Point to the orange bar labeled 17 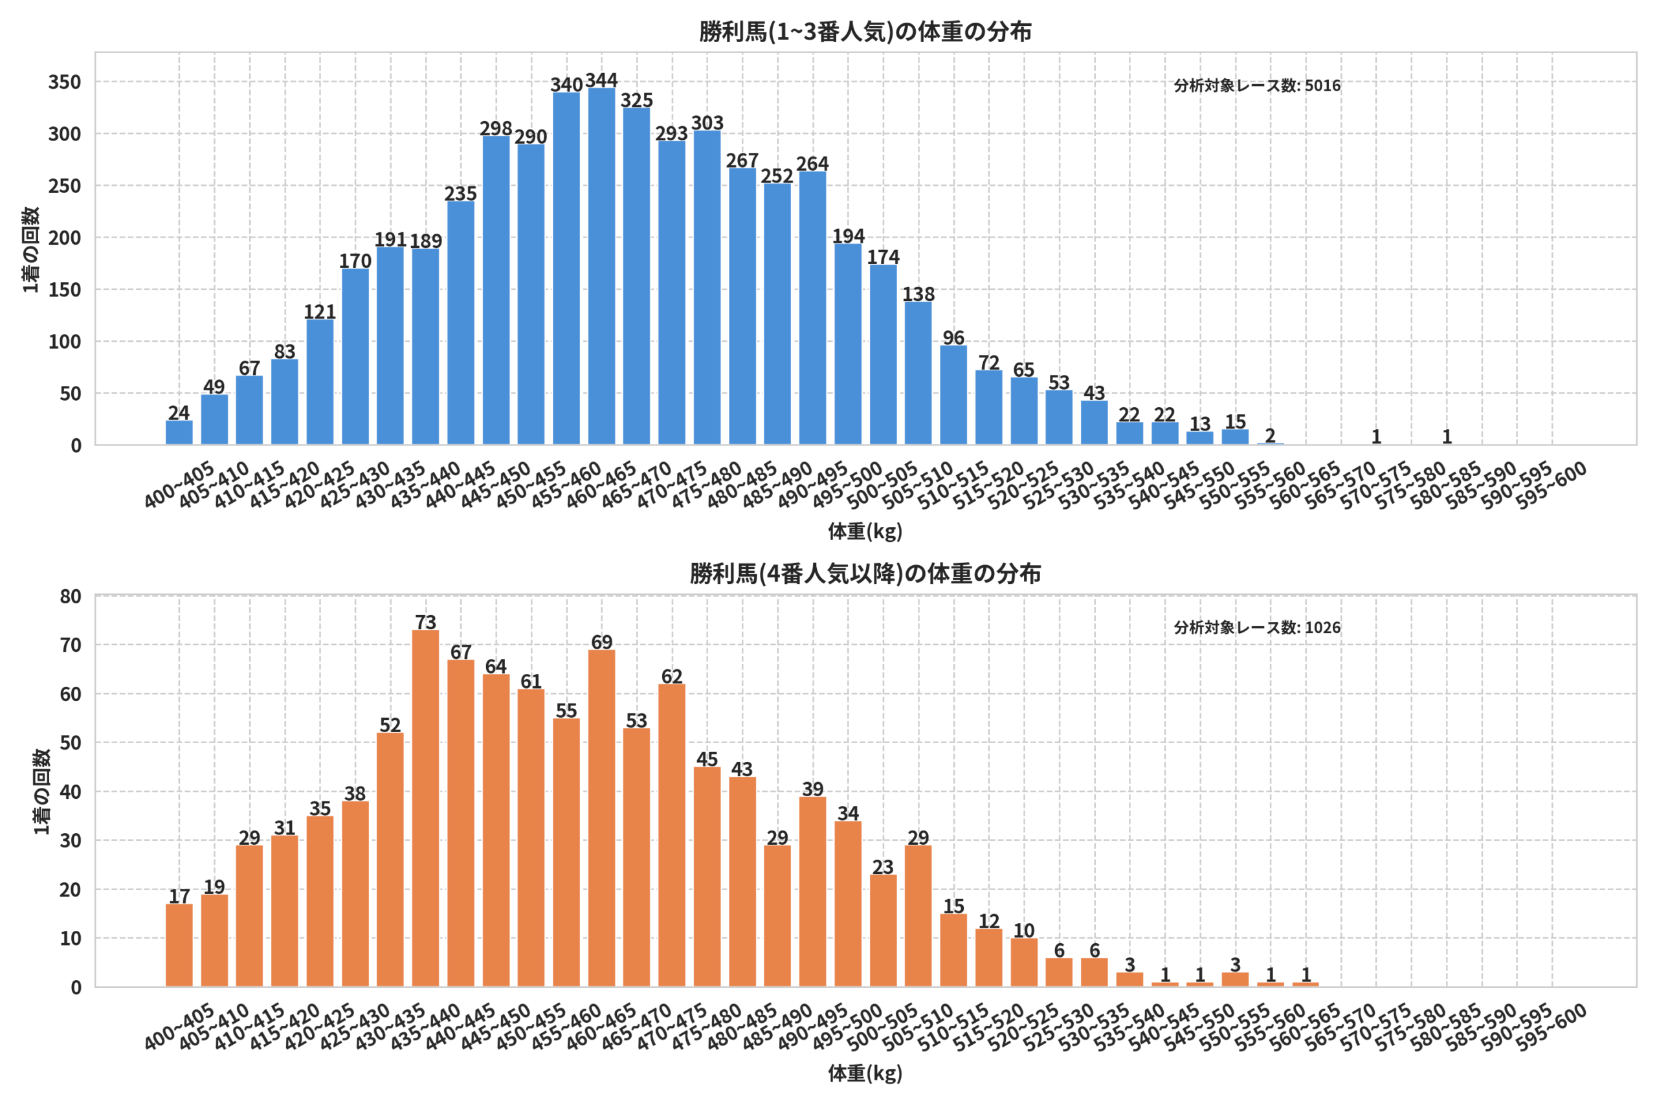179,945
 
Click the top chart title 865,32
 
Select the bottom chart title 865,574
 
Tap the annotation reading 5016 1257,86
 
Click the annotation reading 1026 1257,628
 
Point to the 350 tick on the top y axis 65,82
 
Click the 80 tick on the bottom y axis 71,596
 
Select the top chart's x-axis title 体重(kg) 865,531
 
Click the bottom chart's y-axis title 41,792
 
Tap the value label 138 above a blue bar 918,294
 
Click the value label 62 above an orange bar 671,676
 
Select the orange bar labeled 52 390,860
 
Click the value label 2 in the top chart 1270,436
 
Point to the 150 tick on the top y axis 65,289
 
